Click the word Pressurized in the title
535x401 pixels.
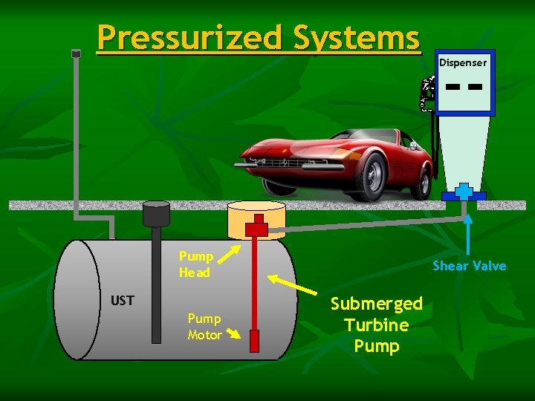tap(189, 37)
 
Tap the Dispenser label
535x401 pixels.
tap(462, 62)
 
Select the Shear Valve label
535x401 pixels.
tap(470, 266)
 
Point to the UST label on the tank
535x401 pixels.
tap(122, 300)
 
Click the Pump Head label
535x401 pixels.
tap(195, 264)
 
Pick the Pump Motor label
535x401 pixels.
tap(204, 327)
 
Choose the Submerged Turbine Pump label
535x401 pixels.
tap(376, 325)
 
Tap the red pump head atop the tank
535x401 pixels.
tap(256, 226)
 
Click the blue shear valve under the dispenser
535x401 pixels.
tap(464, 192)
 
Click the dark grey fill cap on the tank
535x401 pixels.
tap(157, 214)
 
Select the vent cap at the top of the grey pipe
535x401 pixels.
tap(76, 53)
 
